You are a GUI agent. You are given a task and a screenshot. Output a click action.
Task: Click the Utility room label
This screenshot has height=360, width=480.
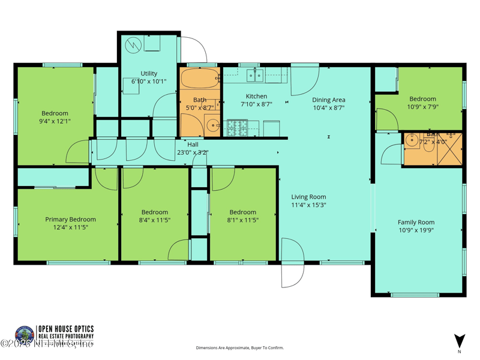149,74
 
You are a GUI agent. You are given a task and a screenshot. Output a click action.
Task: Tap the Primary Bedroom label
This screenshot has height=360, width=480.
70,220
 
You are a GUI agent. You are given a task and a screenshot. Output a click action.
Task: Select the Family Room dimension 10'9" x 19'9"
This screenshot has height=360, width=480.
416,230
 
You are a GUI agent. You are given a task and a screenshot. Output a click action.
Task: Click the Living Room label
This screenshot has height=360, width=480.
308,197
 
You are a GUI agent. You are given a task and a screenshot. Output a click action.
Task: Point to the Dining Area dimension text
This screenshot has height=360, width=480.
328,108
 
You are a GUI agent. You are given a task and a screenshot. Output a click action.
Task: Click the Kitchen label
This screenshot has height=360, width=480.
256,96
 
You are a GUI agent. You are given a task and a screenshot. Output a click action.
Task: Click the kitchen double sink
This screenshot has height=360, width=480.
256,75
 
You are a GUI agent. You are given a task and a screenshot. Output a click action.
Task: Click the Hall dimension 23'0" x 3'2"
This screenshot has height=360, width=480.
192,152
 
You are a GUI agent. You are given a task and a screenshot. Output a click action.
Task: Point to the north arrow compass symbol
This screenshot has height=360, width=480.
459,341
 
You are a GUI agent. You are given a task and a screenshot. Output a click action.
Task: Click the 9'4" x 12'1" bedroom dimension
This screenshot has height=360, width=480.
55,121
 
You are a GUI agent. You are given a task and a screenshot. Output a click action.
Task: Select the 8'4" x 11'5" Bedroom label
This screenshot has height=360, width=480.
154,212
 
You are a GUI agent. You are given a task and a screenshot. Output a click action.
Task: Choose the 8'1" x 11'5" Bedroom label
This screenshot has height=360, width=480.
242,212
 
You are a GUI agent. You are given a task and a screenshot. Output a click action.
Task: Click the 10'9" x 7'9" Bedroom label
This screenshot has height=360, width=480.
422,99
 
